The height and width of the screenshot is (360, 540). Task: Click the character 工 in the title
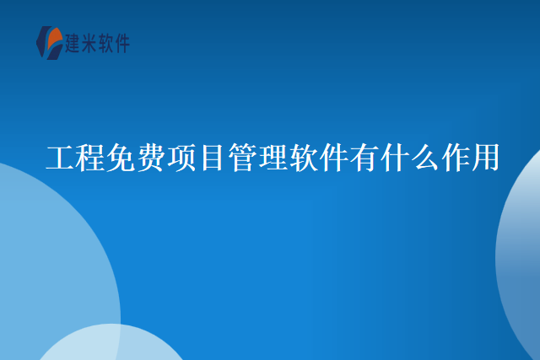click(x=59, y=158)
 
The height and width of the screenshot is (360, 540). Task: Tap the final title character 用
click(x=483, y=158)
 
